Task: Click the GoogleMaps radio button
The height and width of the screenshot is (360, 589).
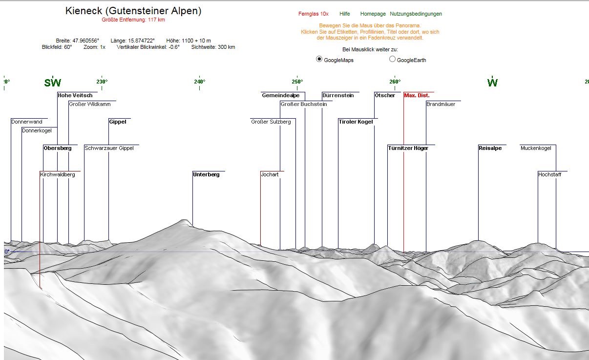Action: click(319, 59)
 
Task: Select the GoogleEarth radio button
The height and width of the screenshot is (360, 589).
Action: click(392, 59)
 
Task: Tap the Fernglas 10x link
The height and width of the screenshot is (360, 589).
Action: click(313, 14)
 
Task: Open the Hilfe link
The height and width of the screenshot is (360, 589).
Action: click(344, 14)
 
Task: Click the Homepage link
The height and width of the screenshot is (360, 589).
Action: click(373, 14)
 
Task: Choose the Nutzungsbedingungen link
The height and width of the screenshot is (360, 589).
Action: click(416, 14)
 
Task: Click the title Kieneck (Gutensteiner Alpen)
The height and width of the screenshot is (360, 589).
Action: click(133, 11)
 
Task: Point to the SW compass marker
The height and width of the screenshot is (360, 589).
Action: click(53, 83)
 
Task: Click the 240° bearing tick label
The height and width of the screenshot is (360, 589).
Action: click(200, 82)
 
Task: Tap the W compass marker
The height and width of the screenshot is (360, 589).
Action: click(492, 83)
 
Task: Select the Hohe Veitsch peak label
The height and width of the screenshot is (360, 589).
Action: click(75, 95)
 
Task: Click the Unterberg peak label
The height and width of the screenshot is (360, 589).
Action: click(206, 174)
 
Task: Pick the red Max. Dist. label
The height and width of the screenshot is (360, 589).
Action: click(417, 95)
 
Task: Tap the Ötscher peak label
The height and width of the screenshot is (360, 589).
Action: click(385, 95)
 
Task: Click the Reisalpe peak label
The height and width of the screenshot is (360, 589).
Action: click(490, 148)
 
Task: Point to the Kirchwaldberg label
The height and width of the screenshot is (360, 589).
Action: click(58, 174)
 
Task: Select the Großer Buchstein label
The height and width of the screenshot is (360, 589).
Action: click(303, 104)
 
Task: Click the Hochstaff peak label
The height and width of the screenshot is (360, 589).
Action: click(549, 174)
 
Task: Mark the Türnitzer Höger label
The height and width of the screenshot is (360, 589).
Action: click(408, 148)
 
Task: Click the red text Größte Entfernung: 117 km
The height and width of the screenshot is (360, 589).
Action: click(133, 20)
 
